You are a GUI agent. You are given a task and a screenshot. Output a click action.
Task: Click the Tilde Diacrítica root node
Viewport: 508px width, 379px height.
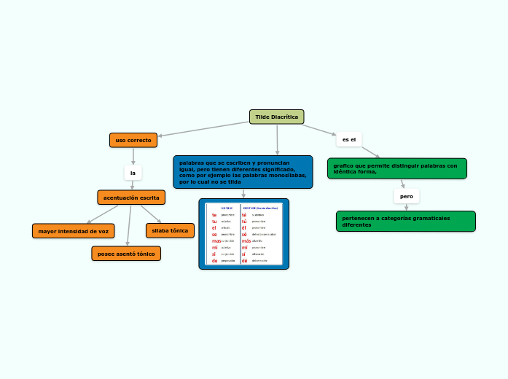click(x=276, y=117)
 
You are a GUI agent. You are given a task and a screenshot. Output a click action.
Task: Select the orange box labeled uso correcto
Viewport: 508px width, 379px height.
click(x=133, y=140)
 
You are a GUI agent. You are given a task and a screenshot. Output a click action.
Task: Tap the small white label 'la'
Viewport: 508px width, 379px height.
click(x=133, y=173)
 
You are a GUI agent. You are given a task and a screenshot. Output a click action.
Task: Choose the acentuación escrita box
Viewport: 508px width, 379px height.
click(x=131, y=198)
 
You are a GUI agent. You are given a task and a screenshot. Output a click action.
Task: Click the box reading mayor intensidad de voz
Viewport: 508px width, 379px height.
click(x=73, y=231)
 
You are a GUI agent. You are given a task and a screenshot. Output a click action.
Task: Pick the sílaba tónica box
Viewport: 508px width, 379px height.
click(x=170, y=230)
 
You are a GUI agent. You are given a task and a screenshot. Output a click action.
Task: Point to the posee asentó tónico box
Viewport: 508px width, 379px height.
click(x=126, y=253)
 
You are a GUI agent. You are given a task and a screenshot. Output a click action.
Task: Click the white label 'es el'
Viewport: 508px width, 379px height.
click(x=348, y=139)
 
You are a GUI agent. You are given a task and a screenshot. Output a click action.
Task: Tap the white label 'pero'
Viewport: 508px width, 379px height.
click(x=406, y=196)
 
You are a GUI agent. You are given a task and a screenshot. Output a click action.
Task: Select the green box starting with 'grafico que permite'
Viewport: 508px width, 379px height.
click(x=396, y=168)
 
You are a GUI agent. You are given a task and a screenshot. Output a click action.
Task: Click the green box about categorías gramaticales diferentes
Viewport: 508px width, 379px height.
click(x=405, y=221)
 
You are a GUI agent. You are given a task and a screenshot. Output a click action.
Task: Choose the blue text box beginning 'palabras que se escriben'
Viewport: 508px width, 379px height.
click(x=243, y=172)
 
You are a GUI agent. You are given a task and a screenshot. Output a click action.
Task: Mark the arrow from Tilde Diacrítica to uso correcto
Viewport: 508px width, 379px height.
click(x=204, y=128)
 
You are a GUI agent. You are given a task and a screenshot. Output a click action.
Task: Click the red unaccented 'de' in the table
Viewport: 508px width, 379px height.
click(x=214, y=260)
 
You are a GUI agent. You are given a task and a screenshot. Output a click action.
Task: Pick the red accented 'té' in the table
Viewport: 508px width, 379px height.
click(x=244, y=215)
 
